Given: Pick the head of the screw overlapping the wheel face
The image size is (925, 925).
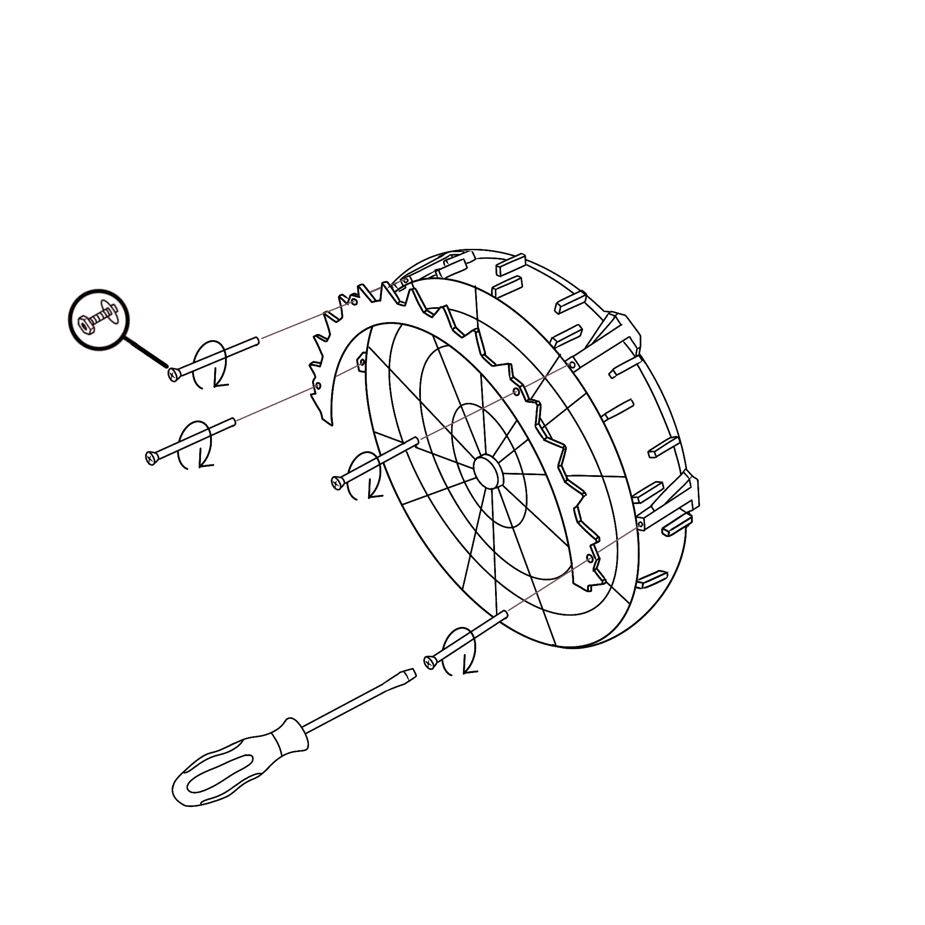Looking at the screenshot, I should click(337, 483).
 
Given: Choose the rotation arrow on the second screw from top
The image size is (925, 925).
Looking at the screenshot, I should click(195, 445).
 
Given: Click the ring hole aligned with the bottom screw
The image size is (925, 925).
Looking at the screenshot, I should click(589, 558).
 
